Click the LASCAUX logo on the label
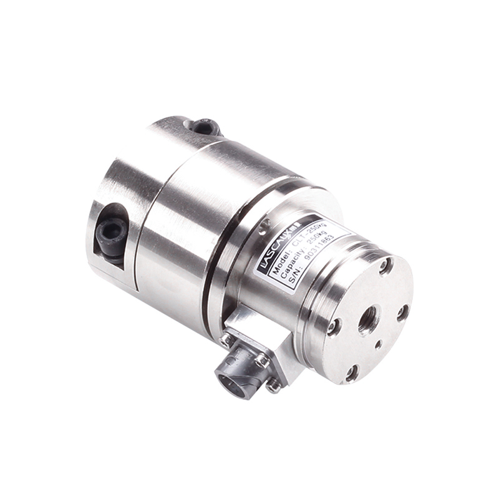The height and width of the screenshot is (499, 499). [279, 243]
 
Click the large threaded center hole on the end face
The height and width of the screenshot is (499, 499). [367, 319]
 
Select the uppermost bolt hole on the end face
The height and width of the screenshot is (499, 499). [386, 266]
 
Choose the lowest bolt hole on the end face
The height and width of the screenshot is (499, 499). [352, 373]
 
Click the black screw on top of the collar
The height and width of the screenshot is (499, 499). [205, 127]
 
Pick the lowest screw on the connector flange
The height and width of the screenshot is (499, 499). [273, 386]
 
